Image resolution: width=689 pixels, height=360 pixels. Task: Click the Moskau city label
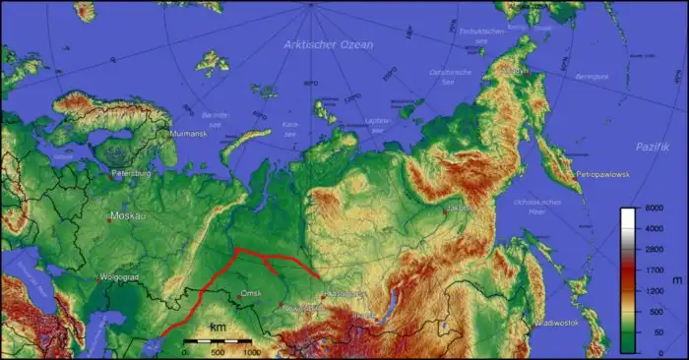tap(127, 215)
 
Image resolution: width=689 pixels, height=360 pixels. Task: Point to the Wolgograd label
tap(118, 277)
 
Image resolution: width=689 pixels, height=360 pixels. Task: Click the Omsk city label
tap(251, 292)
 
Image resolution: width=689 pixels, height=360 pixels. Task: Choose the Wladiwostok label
tap(557, 323)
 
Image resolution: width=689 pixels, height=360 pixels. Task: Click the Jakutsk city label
tap(459, 209)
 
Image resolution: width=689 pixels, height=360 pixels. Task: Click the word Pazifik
tap(651, 147)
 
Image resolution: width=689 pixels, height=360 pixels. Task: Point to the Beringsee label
tap(593, 76)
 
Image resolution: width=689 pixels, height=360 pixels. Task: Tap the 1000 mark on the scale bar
tap(251, 351)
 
